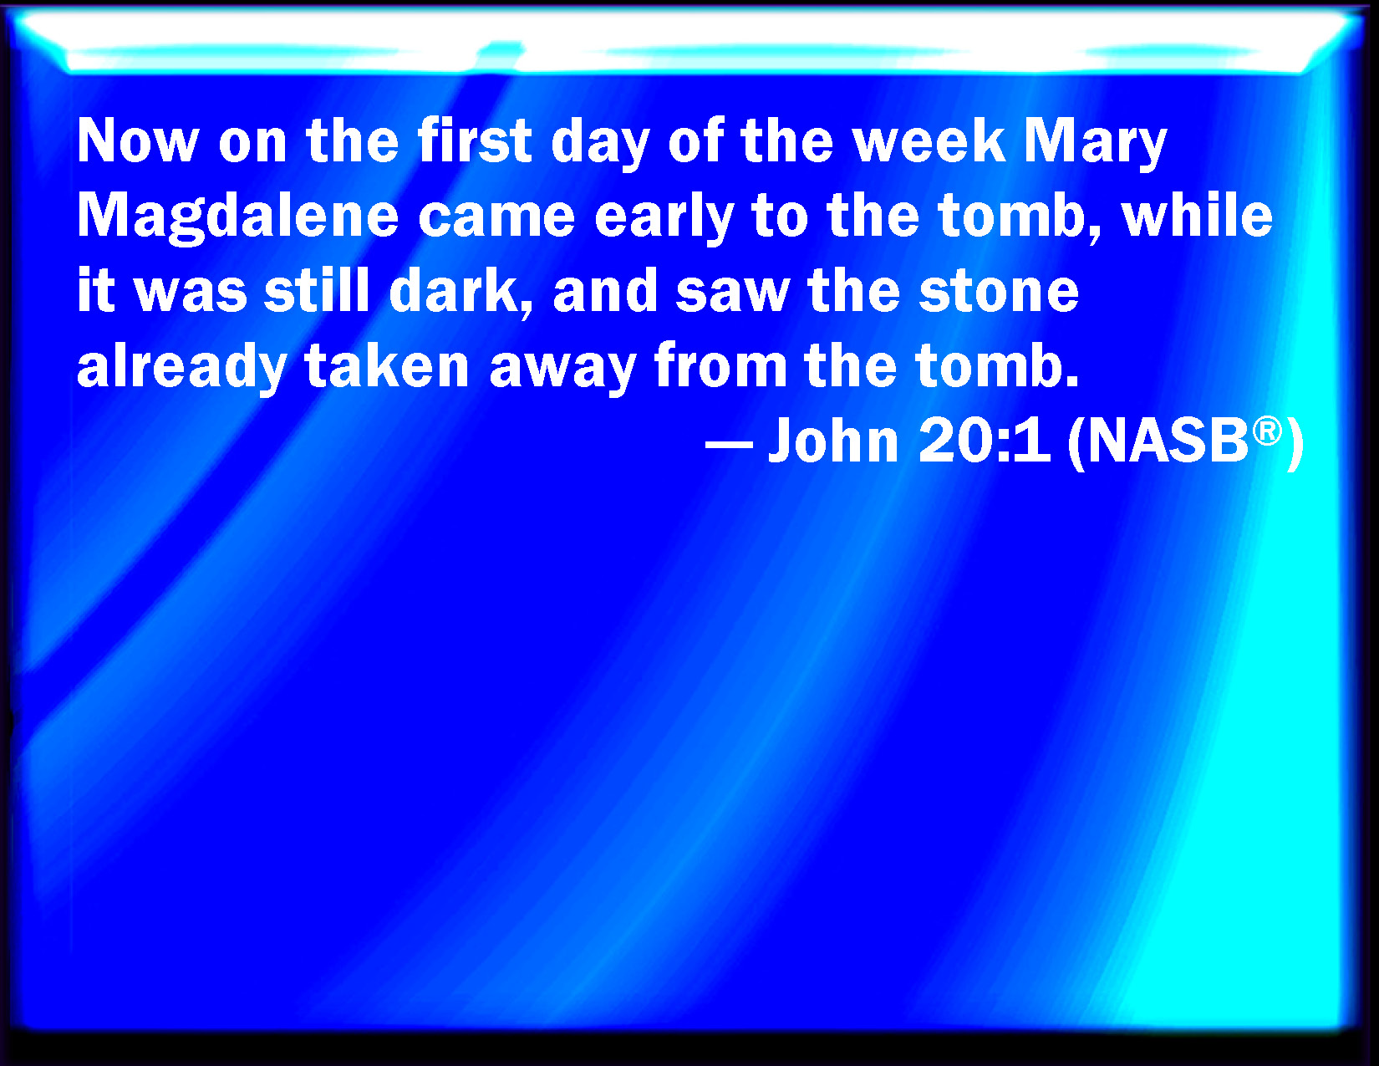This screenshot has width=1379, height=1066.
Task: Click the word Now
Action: [138, 141]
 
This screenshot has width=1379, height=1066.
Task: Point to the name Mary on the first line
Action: [1096, 144]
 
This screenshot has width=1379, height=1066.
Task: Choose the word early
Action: [664, 218]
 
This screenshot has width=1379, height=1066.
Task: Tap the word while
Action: [1197, 215]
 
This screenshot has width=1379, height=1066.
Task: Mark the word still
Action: [317, 289]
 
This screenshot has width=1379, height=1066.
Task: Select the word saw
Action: [732, 294]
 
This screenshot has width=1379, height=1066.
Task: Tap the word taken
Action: [386, 365]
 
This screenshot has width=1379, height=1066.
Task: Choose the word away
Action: [563, 370]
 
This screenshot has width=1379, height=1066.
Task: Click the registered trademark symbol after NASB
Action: [1267, 431]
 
